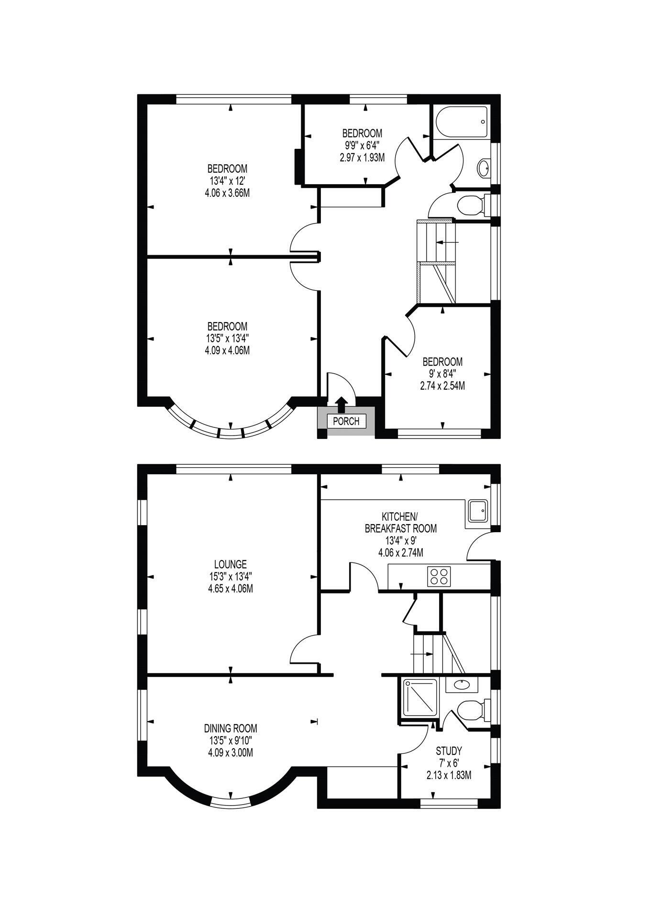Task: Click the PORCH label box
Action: pos(346,421)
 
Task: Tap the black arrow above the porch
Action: pos(341,405)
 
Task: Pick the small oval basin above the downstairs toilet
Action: pos(462,684)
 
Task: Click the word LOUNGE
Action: pos(231,564)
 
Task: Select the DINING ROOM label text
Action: pos(231,728)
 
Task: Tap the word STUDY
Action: pos(449,751)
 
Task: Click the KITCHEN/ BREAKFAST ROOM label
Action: pos(401,523)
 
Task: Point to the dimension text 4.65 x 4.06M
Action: pos(231,588)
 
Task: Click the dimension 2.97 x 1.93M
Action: pos(362,157)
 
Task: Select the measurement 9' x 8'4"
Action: pos(442,373)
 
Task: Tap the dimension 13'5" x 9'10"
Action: pos(231,740)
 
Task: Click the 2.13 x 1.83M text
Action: pos(449,775)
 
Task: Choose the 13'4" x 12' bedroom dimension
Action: pos(227,181)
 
